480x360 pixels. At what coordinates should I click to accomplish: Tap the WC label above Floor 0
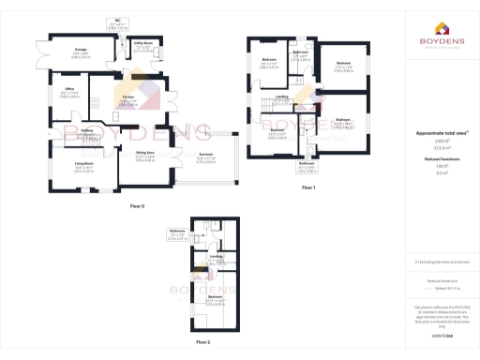[x=118, y=20]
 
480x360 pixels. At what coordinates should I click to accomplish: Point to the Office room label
[x=68, y=91]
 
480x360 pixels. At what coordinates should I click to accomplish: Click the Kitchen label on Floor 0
[x=128, y=97]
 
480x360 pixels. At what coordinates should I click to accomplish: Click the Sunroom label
[x=205, y=156]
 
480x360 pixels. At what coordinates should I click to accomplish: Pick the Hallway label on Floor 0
[x=87, y=130]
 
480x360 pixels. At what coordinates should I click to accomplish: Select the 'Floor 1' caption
[x=308, y=188]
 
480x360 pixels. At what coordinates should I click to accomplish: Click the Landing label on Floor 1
[x=281, y=96]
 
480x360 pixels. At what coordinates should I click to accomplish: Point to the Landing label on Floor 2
[x=215, y=256]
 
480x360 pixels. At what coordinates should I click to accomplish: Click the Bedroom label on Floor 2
[x=215, y=296]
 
